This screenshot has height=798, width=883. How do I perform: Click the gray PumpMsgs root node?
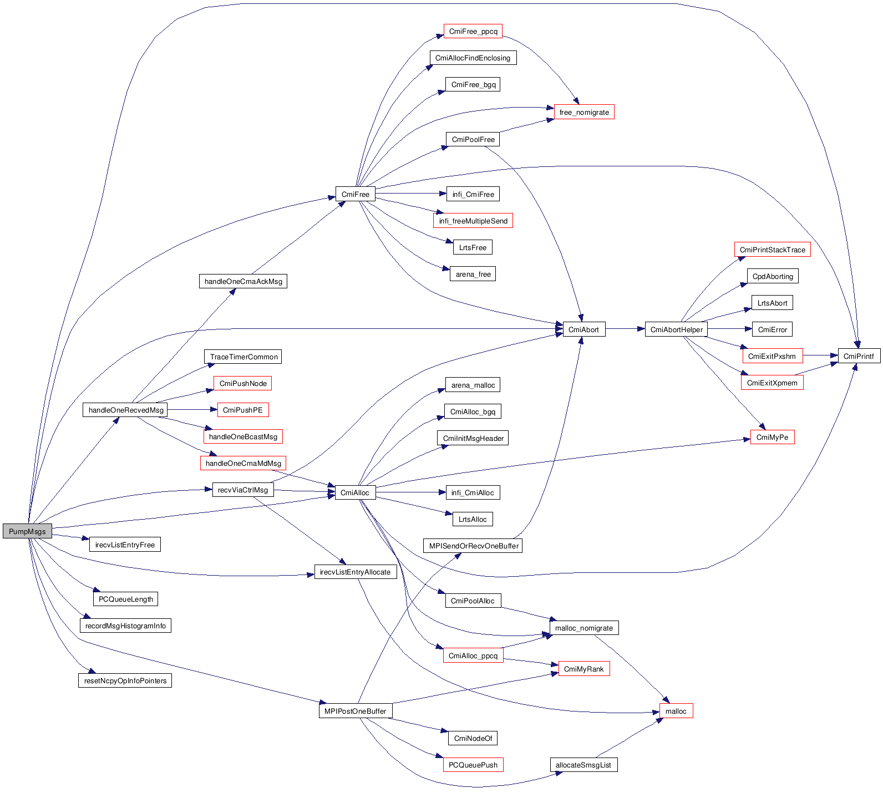click(27, 531)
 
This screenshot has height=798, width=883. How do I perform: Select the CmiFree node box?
click(355, 194)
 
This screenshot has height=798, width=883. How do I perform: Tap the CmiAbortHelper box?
click(676, 329)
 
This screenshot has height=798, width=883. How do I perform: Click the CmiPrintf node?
click(858, 356)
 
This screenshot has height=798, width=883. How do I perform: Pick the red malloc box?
click(676, 711)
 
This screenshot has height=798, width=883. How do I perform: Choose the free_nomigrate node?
click(583, 112)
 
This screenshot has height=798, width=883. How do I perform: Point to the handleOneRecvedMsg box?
click(126, 410)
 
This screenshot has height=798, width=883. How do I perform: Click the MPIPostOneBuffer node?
click(355, 711)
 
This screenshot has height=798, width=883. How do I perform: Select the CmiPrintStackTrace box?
click(772, 250)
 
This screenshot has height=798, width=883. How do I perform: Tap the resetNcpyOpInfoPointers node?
click(125, 680)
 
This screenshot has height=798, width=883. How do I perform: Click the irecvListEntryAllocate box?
click(355, 572)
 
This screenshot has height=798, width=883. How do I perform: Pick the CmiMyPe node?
click(772, 437)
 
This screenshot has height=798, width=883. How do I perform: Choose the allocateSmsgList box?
click(583, 765)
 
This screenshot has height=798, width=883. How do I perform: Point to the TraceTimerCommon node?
click(243, 357)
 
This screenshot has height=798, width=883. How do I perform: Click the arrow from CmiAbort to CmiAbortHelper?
click(625, 329)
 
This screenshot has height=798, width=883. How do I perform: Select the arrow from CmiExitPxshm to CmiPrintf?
click(820, 355)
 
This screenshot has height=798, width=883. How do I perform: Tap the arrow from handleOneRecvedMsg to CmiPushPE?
click(192, 410)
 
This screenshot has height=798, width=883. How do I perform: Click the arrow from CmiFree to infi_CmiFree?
click(410, 194)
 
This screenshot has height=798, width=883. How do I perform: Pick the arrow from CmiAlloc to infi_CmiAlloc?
click(410, 492)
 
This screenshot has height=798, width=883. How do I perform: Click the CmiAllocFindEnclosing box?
click(473, 58)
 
